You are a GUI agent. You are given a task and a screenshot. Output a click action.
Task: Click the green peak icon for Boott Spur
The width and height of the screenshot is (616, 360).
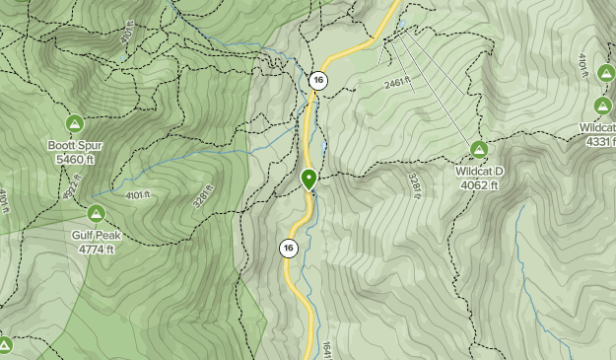(x=74, y=123)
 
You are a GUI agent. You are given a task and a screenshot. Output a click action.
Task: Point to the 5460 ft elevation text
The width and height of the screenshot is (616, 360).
(x=74, y=158)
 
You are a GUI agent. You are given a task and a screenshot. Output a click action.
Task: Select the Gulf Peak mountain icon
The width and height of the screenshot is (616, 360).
(x=96, y=212)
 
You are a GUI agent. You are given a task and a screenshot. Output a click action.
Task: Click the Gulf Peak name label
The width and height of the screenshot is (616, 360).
(x=94, y=236)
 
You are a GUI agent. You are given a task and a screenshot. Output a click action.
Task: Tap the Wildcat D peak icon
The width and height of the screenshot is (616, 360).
(x=479, y=150)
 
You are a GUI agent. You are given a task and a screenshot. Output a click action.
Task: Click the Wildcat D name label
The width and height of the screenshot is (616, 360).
(x=479, y=171)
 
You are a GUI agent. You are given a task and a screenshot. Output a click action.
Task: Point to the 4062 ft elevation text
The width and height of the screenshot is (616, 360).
(x=479, y=183)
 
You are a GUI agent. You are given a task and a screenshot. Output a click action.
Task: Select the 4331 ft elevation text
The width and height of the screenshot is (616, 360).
(x=600, y=141)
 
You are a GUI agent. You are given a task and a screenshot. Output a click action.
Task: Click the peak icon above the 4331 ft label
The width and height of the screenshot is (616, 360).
(x=603, y=106)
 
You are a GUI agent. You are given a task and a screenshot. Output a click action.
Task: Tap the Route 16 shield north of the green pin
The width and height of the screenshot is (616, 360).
(x=317, y=80)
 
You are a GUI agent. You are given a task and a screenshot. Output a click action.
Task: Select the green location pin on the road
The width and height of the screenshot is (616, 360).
(x=308, y=180)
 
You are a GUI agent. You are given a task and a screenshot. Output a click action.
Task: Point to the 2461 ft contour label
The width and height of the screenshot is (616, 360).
(x=395, y=85)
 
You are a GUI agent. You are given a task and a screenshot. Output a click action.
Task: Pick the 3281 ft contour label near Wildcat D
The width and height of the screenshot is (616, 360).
(x=415, y=181)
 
